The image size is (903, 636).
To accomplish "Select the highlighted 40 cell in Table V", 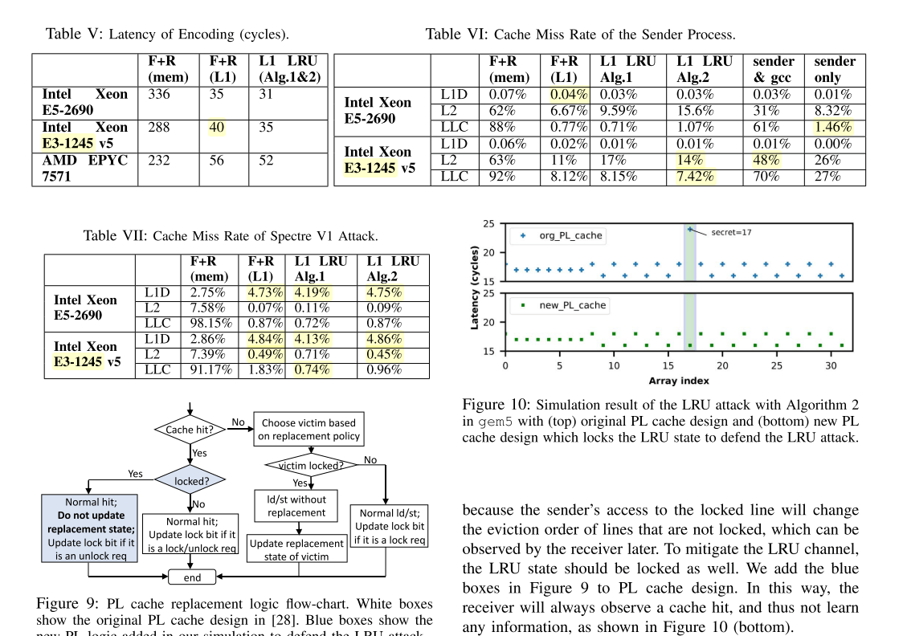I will [217, 128].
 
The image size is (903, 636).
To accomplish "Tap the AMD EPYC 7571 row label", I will [84, 169].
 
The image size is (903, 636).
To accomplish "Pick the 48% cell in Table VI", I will [767, 160].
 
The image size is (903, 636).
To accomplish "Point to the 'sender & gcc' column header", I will [774, 70].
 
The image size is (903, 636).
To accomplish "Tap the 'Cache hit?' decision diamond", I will [190, 430].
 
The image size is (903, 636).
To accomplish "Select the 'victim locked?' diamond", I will [311, 466].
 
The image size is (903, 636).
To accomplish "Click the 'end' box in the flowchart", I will [192, 577].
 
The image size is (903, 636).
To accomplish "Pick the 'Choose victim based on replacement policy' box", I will [309, 430].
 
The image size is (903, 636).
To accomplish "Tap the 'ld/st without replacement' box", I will [297, 506].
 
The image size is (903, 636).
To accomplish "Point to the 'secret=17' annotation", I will [732, 232].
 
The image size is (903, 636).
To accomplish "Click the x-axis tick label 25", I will [775, 366].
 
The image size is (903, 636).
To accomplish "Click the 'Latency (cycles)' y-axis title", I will [474, 287].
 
